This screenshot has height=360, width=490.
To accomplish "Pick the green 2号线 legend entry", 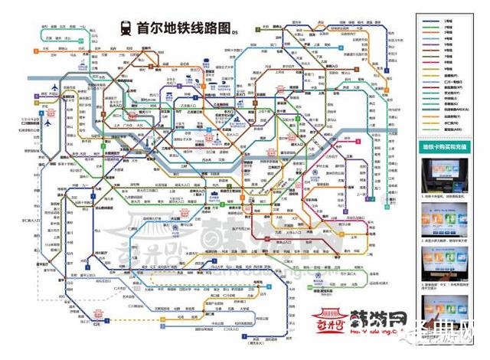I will (x=452, y=25).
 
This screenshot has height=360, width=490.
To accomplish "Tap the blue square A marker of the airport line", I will (x=38, y=122).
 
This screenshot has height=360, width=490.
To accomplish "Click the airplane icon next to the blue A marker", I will (x=48, y=122).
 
